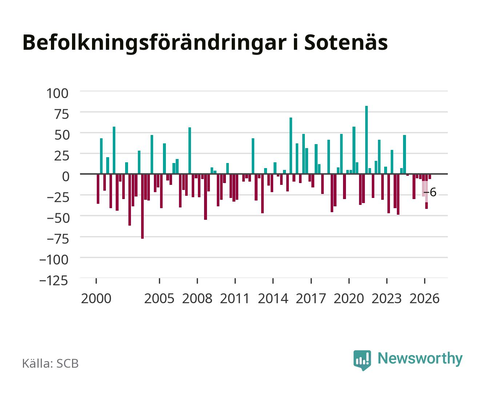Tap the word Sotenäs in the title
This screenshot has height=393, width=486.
coord(346,42)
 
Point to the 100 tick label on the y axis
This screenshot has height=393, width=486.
coord(57,94)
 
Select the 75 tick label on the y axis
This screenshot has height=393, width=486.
coord(61,114)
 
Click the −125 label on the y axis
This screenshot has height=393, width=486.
coord(54,281)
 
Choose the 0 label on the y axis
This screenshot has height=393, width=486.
coord(66,176)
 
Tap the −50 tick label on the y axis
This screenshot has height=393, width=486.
coord(58,218)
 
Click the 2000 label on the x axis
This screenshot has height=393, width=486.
coord(96,298)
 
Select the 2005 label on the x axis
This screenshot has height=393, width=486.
coord(159,298)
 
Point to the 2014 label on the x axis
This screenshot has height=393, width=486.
coord(273,298)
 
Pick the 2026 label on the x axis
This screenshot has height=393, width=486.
coord(425,298)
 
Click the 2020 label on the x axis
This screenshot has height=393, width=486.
coord(348,298)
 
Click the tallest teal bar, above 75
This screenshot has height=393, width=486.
coord(366,140)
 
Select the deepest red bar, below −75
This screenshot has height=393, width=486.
coord(142,206)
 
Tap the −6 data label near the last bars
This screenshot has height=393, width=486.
coord(430,192)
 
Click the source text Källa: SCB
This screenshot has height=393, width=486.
coord(51,363)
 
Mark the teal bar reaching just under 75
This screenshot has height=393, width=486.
coord(291,146)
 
